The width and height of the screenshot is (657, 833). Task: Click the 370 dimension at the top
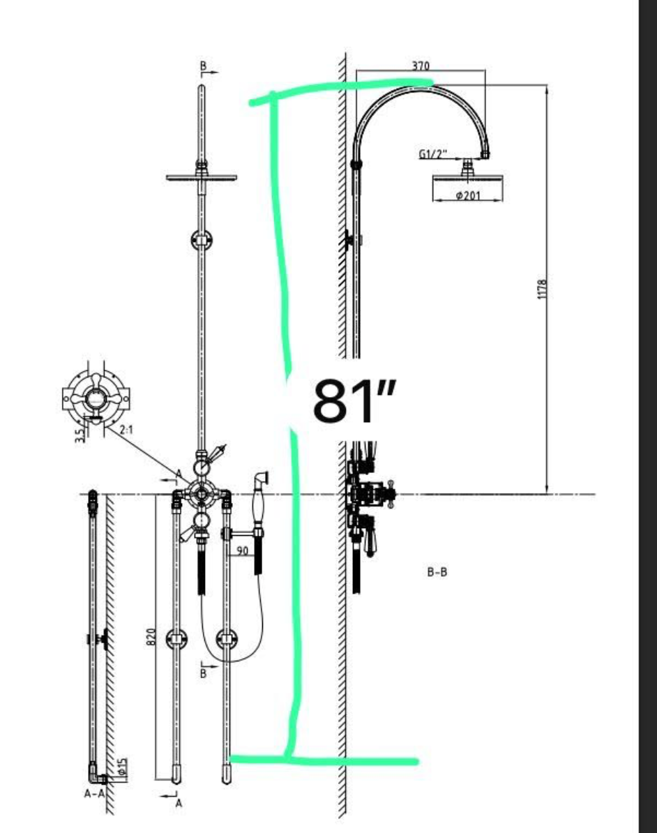[x=420, y=66]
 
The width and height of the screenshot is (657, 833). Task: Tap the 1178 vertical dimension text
[x=542, y=289]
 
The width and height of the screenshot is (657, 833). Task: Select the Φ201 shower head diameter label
[x=468, y=195]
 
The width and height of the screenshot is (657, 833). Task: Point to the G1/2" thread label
[x=433, y=154]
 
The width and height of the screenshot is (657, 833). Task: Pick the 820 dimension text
[x=151, y=637]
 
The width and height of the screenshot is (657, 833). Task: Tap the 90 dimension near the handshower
[x=242, y=551]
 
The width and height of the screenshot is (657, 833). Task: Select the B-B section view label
[x=437, y=572]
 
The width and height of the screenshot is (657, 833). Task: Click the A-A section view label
[x=95, y=794]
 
